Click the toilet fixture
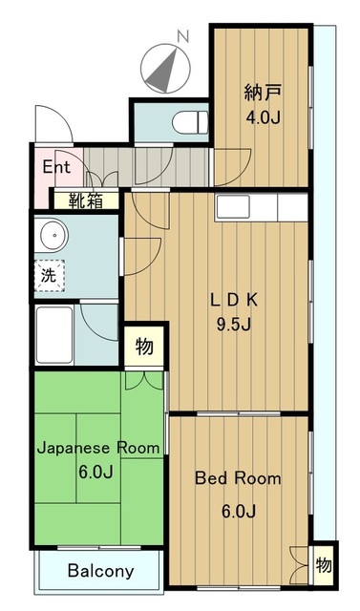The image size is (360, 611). pyautogui.click(x=191, y=123)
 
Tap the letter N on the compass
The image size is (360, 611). pyautogui.click(x=182, y=36)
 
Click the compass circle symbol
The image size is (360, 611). pyautogui.click(x=165, y=68)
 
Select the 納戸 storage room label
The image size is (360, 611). pyautogui.click(x=263, y=94)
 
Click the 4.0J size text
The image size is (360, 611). pyautogui.click(x=263, y=117)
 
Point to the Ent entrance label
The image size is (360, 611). pyautogui.click(x=56, y=167)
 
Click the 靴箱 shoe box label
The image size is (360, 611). pyautogui.click(x=86, y=200)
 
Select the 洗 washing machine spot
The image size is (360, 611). pyautogui.click(x=49, y=276)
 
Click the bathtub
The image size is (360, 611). pyautogui.click(x=54, y=335)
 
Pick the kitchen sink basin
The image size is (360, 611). pyautogui.click(x=233, y=206)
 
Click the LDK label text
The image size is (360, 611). pyautogui.click(x=234, y=300)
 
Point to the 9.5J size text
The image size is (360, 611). pyautogui.click(x=233, y=324)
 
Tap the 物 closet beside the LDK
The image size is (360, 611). pyautogui.click(x=144, y=347)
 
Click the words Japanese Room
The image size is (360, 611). pyautogui.click(x=98, y=448)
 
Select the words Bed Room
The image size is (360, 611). pyautogui.click(x=238, y=478)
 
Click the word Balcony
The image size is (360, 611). pyautogui.click(x=100, y=571)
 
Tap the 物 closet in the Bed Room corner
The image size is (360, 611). pyautogui.click(x=324, y=565)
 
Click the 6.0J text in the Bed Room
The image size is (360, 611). pyautogui.click(x=239, y=512)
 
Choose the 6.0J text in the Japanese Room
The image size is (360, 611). pyautogui.click(x=95, y=473)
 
